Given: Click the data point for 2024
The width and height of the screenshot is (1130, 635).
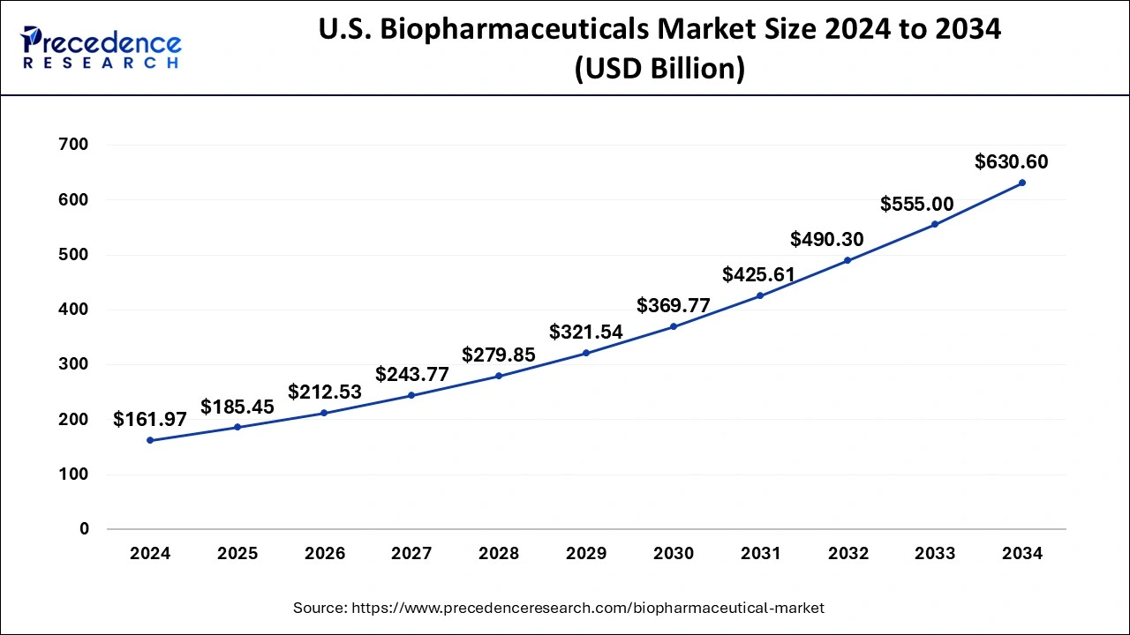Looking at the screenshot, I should (150, 440).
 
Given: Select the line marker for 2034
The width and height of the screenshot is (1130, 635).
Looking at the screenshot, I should (1022, 183).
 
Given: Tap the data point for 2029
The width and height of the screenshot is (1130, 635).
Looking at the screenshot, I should (586, 353).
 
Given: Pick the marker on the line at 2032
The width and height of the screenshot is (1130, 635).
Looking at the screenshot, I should (847, 260).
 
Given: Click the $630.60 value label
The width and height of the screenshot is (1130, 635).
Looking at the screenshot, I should (1011, 162).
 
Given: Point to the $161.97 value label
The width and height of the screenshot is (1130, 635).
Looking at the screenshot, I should (150, 420).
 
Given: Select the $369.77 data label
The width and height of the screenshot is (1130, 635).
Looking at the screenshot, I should (674, 306).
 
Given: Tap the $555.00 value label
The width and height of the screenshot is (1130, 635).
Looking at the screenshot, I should (917, 205).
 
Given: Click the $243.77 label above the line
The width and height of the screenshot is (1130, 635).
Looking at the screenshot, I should (412, 375).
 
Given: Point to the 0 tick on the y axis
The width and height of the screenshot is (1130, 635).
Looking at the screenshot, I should (85, 529).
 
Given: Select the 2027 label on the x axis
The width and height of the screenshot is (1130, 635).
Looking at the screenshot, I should (412, 554).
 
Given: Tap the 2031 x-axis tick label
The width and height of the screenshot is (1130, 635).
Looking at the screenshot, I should (760, 554).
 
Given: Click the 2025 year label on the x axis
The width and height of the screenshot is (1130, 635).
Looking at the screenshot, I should (237, 554).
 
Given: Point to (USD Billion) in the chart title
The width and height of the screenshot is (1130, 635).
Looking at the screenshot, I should (659, 69).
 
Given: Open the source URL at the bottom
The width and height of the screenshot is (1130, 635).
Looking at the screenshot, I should (587, 608).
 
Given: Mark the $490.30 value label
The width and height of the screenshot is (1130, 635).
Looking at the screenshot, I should (827, 239).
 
